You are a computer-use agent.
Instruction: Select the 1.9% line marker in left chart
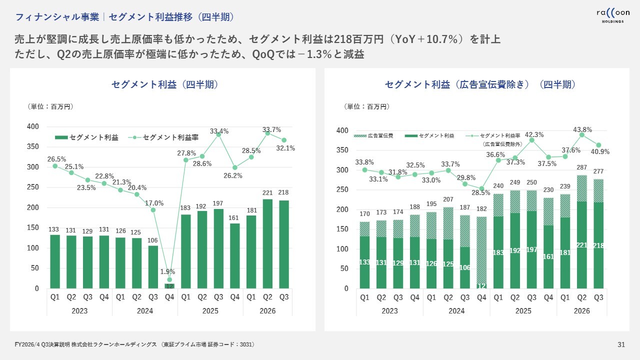pos(169,280)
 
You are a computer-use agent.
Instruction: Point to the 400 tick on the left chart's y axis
pos(33,126)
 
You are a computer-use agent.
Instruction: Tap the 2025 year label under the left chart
pos(210,311)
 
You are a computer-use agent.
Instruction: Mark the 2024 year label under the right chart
pos(456,311)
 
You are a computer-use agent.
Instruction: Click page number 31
pos(621,344)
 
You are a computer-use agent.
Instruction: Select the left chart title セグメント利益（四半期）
pos(165,84)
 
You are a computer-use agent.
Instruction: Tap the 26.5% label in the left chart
pos(57,159)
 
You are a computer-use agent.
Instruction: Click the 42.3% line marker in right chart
pos(532,140)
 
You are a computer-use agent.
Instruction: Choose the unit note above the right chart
pos(367,106)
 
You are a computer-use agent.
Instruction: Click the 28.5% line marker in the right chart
pos(481,188)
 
